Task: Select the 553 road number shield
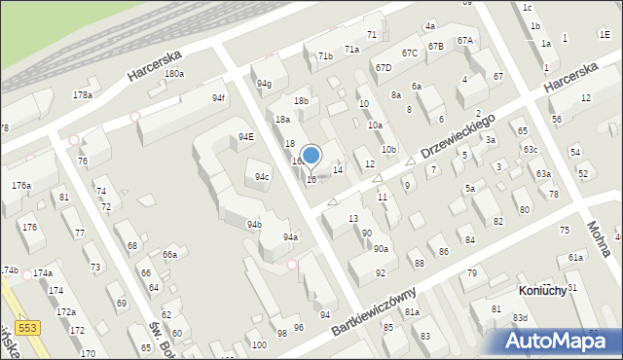coord(27,330)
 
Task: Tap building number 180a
coord(174,74)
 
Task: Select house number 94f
coord(218,98)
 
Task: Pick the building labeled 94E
coord(246,137)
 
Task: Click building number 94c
coord(262,177)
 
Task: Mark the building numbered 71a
coord(351,49)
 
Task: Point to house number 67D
coord(384,67)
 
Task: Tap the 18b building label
coord(302,100)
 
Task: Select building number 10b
coord(388,149)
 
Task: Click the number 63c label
coord(530,149)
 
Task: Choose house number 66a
coord(169,254)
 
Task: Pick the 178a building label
coord(83,94)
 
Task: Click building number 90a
coord(381,249)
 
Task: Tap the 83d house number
coord(521,318)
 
